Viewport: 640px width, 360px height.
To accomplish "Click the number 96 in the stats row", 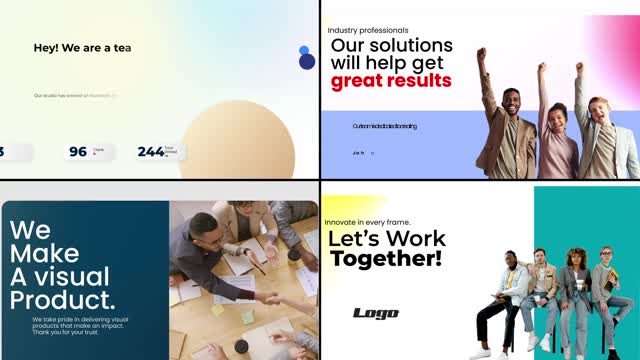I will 78,152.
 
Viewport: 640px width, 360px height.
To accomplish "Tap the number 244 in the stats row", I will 150,152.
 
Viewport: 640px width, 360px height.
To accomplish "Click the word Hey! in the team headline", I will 47,48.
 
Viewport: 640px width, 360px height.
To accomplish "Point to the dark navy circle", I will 307,62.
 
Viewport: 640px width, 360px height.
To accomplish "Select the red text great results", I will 391,81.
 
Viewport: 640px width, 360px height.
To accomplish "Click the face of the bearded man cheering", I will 511,102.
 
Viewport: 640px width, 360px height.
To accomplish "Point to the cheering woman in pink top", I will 556,130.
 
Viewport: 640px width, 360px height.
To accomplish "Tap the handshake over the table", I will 268,297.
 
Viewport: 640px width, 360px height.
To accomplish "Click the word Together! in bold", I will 385,259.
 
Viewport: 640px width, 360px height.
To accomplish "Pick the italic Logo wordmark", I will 376,313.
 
